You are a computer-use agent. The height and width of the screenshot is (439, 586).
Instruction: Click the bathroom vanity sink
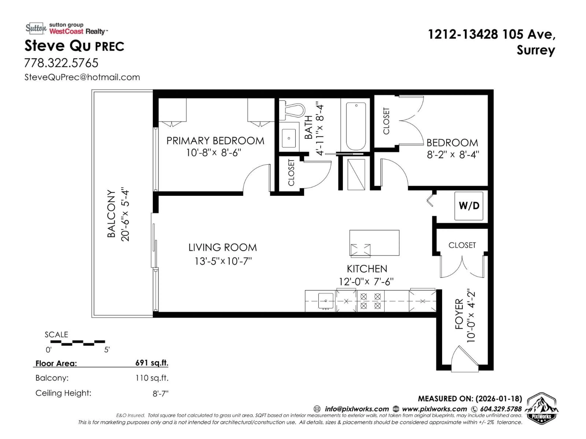coord(289,138)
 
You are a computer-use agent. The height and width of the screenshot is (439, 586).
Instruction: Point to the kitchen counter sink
coord(326,301)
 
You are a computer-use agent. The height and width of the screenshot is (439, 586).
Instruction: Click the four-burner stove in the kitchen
coord(371,301)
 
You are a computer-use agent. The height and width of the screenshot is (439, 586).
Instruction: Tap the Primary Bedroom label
coord(215,141)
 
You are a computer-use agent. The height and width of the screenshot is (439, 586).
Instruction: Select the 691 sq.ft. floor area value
coord(152,363)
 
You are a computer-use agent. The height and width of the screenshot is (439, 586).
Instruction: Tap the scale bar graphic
coord(78,343)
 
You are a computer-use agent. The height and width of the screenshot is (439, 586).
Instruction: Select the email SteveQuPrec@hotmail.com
coord(82,77)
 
